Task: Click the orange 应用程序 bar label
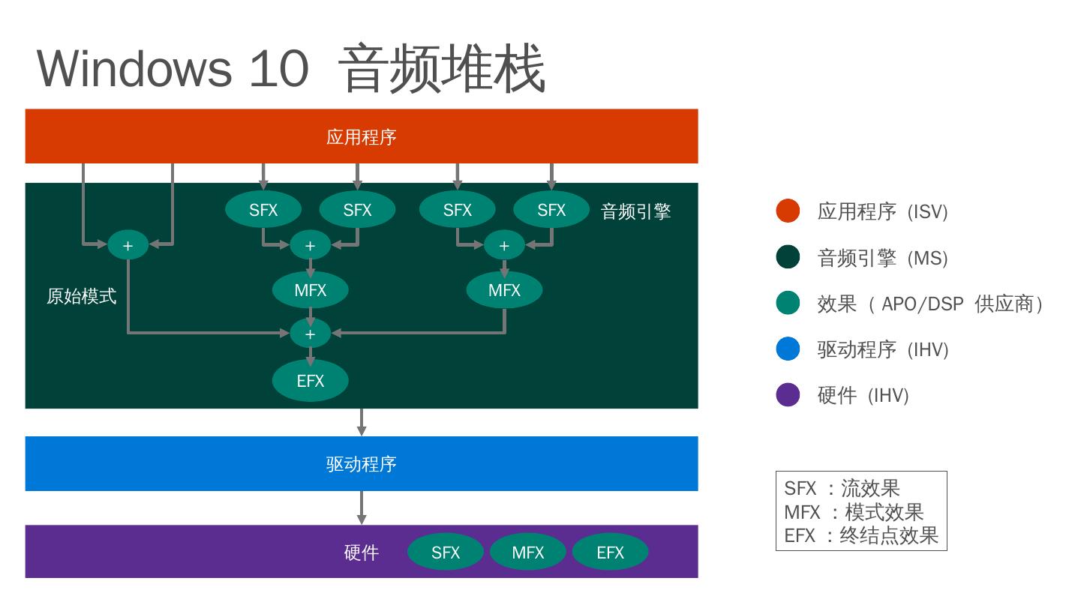point(361,137)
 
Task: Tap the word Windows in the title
point(134,68)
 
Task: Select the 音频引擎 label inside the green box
point(635,212)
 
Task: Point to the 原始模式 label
point(81,297)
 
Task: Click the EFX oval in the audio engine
point(310,381)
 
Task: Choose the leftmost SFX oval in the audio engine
point(263,211)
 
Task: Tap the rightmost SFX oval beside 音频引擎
point(551,211)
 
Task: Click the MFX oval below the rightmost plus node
point(504,290)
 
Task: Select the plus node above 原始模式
point(128,246)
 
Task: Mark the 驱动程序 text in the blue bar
point(361,465)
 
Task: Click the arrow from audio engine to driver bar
point(362,422)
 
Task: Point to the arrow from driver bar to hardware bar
point(362,508)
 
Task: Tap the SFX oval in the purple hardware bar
point(446,553)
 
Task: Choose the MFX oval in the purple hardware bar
point(528,553)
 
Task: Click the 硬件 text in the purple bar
point(361,553)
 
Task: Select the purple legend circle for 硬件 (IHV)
point(788,395)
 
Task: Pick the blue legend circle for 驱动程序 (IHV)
point(788,349)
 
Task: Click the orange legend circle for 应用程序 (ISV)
point(788,211)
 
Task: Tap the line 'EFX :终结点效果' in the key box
point(860,536)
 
